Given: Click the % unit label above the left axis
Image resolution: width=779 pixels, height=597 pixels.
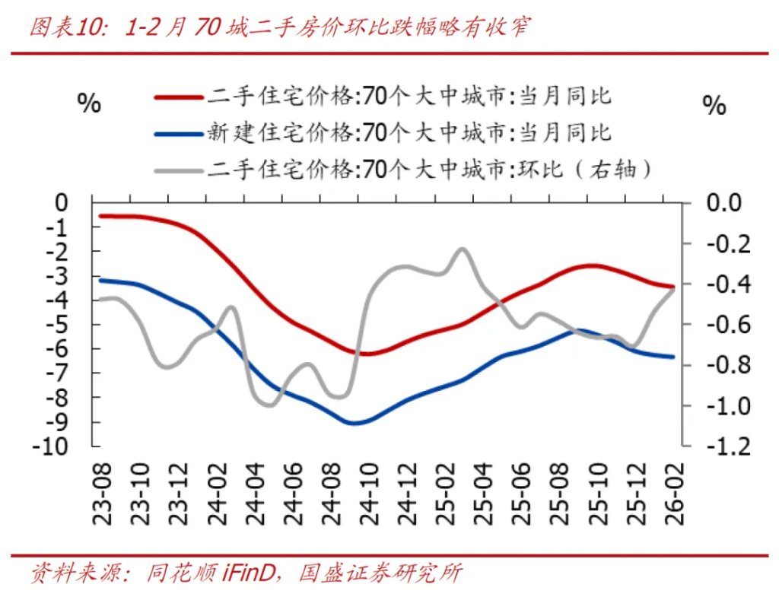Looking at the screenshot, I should point(89,104).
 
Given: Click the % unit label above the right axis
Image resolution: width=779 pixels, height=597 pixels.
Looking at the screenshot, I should point(714,106).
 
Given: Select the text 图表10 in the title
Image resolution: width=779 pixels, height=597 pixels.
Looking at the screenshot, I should point(59,28).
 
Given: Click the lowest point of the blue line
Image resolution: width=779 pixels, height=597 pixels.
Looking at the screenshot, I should point(354,423).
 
